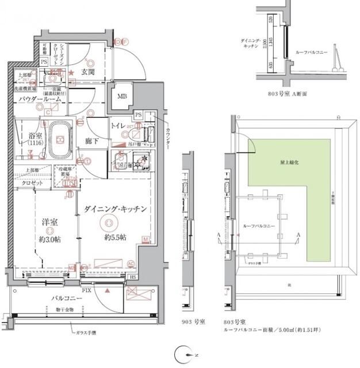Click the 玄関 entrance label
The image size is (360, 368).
pyautogui.click(x=88, y=72)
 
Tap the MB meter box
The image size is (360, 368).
pyautogui.click(x=122, y=96)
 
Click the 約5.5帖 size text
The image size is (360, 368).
pyautogui.click(x=115, y=237)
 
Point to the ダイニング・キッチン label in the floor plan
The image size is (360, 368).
pyautogui.click(x=116, y=209)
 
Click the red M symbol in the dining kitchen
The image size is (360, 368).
pyautogui.click(x=145, y=239)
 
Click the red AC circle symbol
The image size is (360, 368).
pyautogui.click(x=131, y=264)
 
